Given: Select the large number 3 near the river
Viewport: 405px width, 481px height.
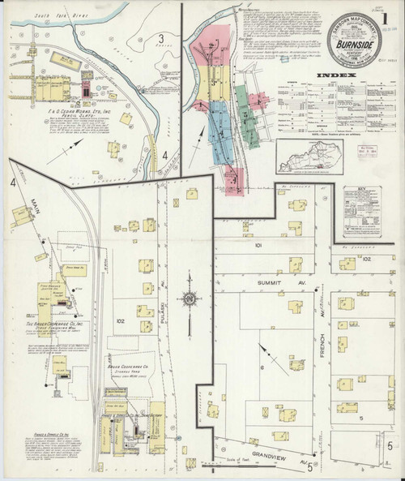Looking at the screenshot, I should coord(162,38).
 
